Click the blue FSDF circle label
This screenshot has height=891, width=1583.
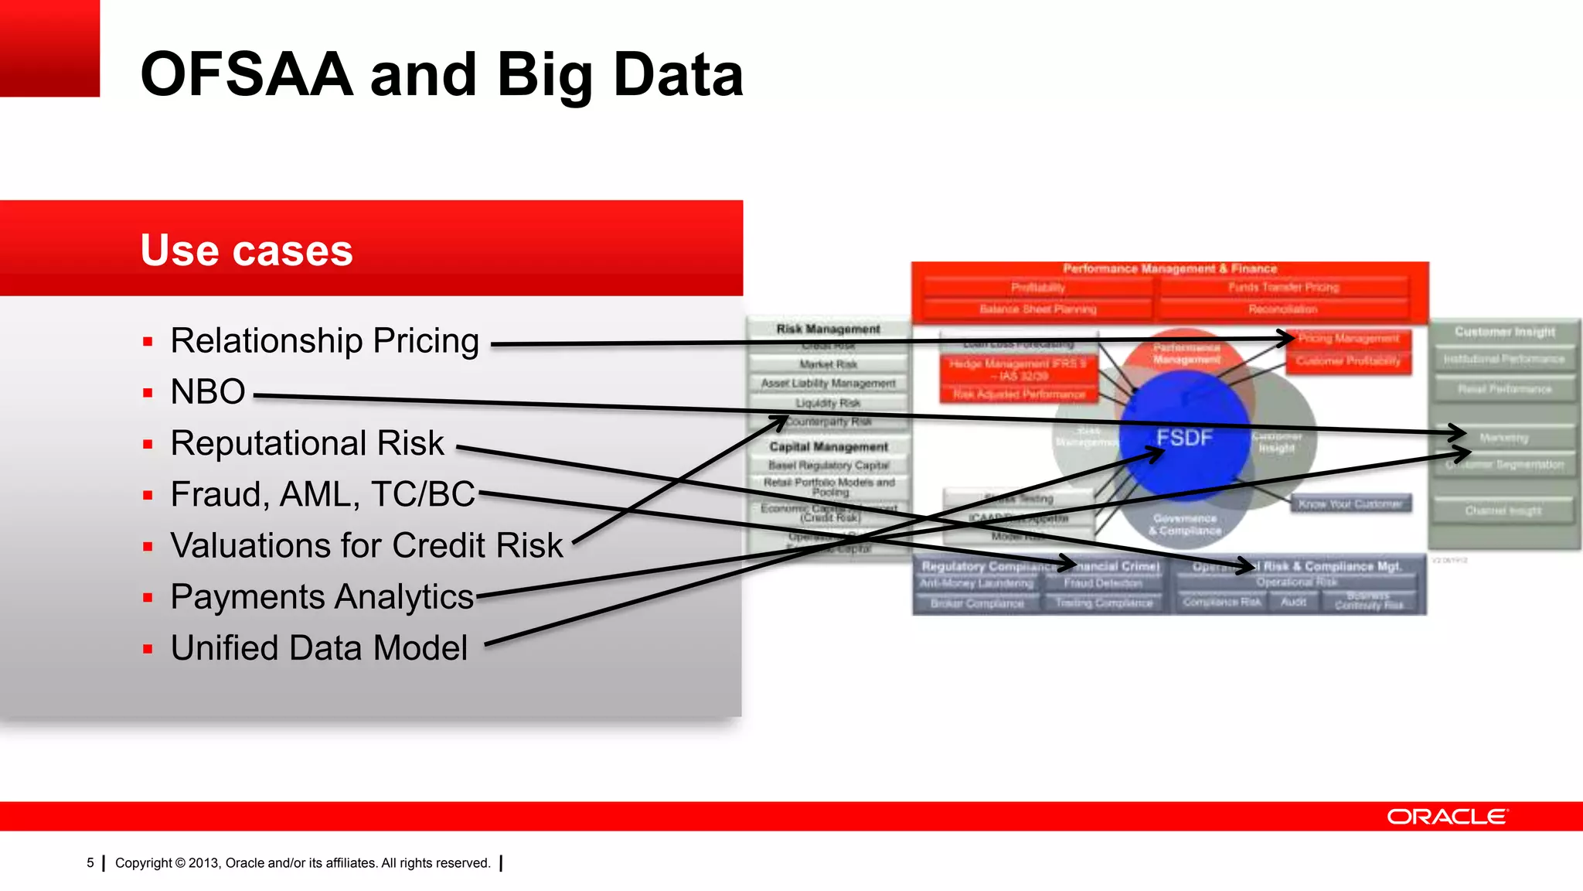1184,438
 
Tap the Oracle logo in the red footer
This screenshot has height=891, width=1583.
1446,817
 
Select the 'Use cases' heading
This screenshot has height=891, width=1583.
247,250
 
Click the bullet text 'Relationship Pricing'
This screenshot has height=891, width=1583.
325,341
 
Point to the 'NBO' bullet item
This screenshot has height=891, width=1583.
208,392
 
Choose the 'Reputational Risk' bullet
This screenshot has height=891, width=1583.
307,443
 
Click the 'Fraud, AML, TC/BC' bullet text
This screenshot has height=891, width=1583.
322,494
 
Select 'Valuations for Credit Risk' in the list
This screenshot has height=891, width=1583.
366,545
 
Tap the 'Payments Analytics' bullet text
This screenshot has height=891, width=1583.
322,597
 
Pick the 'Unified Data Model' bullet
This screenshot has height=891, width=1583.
318,648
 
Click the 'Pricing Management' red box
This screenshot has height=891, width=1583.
1349,339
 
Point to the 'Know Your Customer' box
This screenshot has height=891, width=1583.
1350,504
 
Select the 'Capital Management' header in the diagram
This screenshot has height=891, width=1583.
829,447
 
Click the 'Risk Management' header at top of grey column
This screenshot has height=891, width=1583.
828,329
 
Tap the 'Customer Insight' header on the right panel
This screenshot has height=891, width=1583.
1504,332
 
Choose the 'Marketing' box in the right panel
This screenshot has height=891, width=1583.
1504,438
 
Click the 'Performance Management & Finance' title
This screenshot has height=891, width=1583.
1169,268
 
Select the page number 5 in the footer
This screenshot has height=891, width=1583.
90,862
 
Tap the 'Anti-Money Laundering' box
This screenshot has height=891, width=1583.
976,583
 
